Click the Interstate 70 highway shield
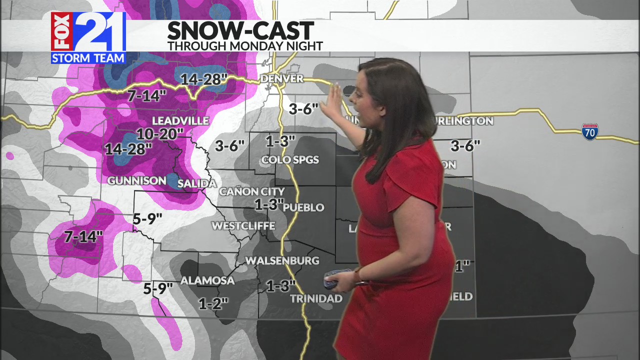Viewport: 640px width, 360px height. [x=590, y=131]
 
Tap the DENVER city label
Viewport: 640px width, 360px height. [x=282, y=78]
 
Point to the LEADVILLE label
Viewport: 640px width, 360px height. [x=180, y=120]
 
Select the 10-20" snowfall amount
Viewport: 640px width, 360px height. [x=160, y=134]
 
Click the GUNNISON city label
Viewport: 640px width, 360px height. [x=137, y=180]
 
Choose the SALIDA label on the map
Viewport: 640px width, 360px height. [x=197, y=183]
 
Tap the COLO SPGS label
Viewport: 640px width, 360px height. [x=289, y=160]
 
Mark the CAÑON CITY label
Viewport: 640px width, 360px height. [x=251, y=191]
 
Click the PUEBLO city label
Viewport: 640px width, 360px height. [x=303, y=207]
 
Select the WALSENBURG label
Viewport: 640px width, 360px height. [x=281, y=260]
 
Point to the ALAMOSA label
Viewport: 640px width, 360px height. [x=207, y=280]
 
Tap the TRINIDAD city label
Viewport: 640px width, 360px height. [x=316, y=298]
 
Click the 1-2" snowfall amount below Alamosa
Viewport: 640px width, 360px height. [x=213, y=303]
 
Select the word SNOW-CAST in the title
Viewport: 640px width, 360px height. [x=240, y=31]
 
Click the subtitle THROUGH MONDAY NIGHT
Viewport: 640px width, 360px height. [x=245, y=46]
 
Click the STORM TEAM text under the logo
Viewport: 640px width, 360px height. [x=88, y=58]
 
